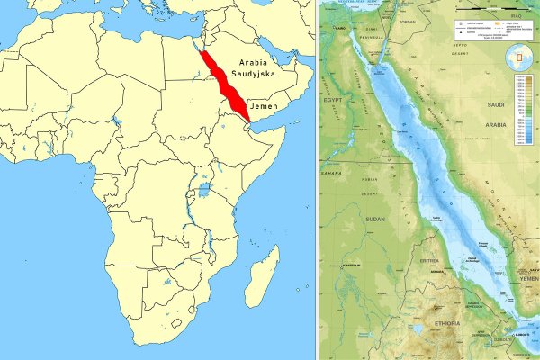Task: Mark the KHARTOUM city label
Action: point(353,266)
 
